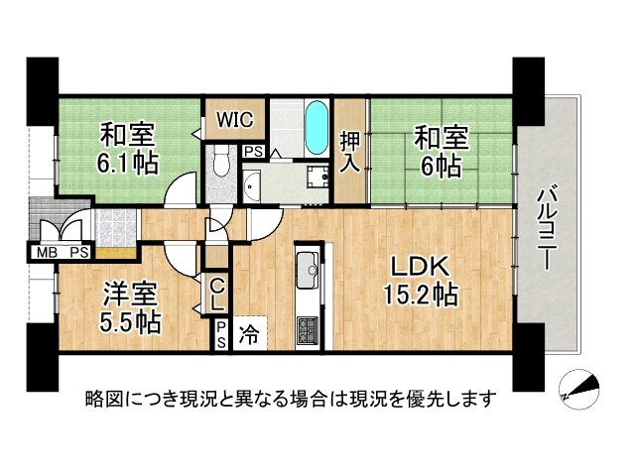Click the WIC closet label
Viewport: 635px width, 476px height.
tap(236, 120)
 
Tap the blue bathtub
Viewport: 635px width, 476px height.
tap(316, 129)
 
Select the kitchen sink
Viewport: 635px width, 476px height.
tap(307, 268)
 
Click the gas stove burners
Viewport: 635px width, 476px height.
tap(307, 327)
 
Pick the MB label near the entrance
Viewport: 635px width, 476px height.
tap(47, 253)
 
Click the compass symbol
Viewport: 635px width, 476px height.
tap(579, 388)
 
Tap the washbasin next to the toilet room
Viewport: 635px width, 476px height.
tap(251, 183)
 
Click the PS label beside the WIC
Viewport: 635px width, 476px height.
tap(253, 152)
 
